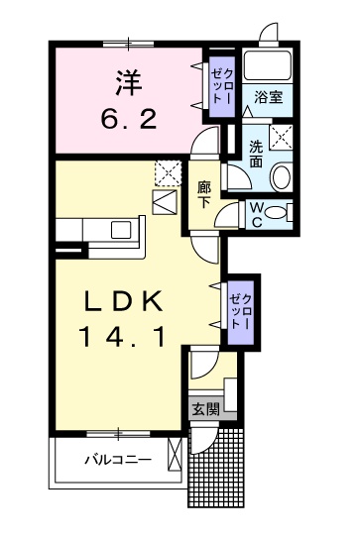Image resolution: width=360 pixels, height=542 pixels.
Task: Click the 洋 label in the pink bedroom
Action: [x=129, y=83]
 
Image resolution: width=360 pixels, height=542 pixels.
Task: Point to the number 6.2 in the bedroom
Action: [x=129, y=119]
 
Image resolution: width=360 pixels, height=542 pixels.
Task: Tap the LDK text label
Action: [x=123, y=301]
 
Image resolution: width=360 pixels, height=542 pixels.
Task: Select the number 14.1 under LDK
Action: [x=122, y=337]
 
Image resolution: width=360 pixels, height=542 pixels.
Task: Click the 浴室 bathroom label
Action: [x=269, y=97]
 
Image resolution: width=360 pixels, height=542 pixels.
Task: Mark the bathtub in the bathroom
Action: [x=268, y=66]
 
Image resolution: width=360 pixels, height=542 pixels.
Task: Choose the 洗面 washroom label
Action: [x=256, y=155]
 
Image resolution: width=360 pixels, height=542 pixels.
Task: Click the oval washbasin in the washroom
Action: [x=281, y=177]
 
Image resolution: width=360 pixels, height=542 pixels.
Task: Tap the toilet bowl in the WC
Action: [x=277, y=212]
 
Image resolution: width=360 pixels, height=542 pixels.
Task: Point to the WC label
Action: [x=256, y=215]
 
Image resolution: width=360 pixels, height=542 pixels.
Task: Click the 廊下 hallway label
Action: [x=204, y=195]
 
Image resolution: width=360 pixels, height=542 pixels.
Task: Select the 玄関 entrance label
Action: [x=205, y=410]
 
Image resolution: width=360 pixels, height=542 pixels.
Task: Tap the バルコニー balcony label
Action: [x=118, y=460]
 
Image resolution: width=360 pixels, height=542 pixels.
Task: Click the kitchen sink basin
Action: [x=121, y=230]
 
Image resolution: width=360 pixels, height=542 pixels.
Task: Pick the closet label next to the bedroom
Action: [x=223, y=86]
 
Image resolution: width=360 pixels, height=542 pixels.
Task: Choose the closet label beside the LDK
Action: [x=241, y=311]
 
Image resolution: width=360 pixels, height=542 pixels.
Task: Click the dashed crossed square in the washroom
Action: [x=281, y=137]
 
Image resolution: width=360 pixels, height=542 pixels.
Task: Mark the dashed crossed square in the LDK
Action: [x=168, y=173]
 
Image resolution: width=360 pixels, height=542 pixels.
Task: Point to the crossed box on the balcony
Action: [x=174, y=455]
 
